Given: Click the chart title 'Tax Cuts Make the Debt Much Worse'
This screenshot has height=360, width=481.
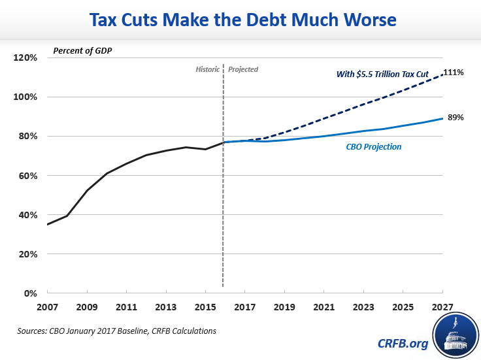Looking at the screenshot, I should click(240, 20).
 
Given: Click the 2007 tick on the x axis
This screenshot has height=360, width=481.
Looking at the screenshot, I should click(46, 306).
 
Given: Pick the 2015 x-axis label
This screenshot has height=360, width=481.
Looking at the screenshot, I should click(205, 306).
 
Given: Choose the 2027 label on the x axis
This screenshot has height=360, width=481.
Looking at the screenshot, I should click(443, 306).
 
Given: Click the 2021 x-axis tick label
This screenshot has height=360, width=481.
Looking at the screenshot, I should click(324, 306).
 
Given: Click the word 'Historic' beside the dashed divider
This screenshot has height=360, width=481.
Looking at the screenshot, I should click(208, 69).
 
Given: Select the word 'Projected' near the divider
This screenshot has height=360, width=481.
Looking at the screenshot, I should click(243, 69).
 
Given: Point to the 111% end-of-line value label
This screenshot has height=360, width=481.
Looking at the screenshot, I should click(453, 73).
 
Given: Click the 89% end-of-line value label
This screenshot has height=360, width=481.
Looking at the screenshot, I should click(455, 118).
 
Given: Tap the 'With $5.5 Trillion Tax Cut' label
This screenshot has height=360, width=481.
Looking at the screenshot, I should click(382, 74).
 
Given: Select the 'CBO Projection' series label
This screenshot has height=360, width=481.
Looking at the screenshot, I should click(374, 147).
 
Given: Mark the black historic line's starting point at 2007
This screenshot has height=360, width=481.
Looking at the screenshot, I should click(47, 225).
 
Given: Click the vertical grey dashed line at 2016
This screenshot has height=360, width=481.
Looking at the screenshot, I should click(224, 196).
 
